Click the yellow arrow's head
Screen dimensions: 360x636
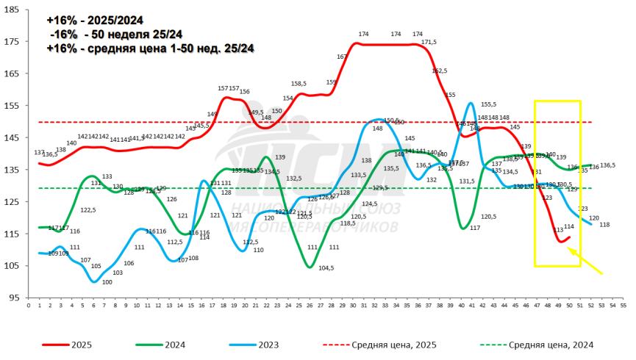(x=569, y=249)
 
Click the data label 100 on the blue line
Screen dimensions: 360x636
(x=107, y=282)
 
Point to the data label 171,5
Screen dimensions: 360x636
(x=429, y=43)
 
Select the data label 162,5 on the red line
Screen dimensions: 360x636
(x=440, y=71)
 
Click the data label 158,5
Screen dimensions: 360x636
(x=299, y=84)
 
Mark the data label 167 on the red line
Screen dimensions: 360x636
(x=343, y=57)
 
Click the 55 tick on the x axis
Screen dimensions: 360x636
(x=624, y=303)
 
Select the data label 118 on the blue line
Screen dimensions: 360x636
(x=604, y=224)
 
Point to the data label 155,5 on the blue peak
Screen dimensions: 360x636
(x=488, y=104)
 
